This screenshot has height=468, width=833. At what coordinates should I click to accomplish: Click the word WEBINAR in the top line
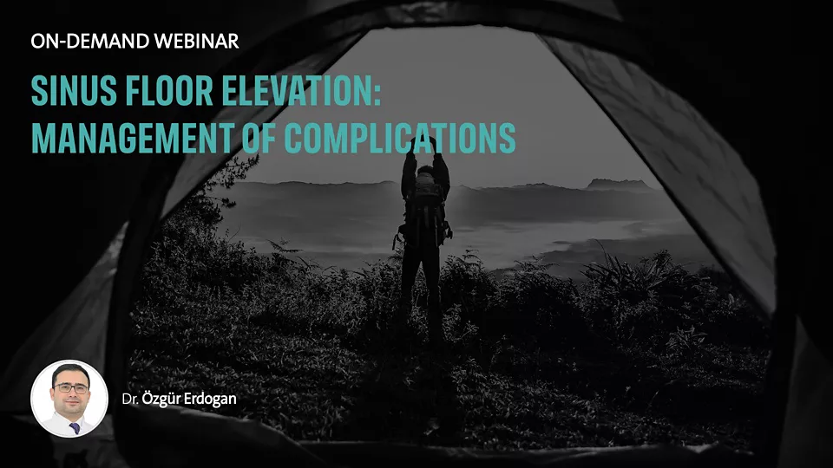(x=197, y=42)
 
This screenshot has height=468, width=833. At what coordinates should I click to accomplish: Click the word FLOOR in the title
(x=169, y=91)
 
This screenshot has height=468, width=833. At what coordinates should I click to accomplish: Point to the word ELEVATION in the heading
(x=295, y=91)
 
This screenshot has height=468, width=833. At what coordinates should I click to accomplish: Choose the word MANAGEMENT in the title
(x=132, y=139)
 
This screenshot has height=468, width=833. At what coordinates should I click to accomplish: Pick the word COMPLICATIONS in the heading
(x=399, y=139)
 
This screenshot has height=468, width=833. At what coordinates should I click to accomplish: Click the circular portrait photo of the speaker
(x=69, y=399)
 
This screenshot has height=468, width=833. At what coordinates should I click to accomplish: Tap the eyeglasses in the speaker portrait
(x=70, y=388)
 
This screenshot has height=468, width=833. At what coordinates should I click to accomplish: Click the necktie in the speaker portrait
(x=75, y=427)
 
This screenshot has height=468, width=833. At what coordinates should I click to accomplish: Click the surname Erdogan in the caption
(x=210, y=399)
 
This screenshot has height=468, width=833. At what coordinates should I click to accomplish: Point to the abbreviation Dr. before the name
(x=130, y=400)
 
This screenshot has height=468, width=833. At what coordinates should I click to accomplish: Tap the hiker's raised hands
(x=424, y=143)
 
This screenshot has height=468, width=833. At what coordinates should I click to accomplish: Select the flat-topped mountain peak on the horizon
(x=619, y=184)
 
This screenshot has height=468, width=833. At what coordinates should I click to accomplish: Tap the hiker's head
(x=425, y=172)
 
